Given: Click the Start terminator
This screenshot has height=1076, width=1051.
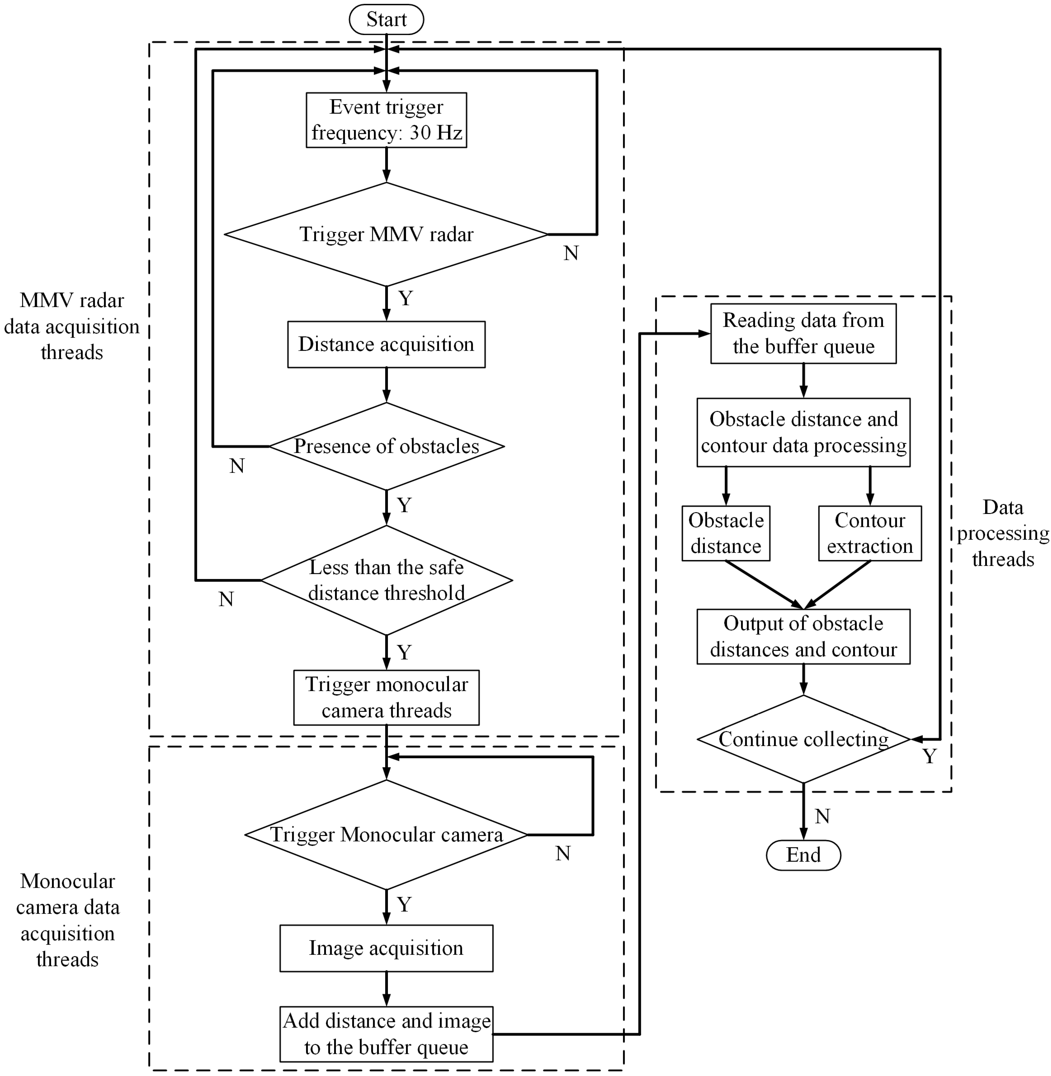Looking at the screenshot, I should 386,20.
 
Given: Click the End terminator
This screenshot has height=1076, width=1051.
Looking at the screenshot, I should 803,855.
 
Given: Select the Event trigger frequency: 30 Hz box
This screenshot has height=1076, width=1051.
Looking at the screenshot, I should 386,120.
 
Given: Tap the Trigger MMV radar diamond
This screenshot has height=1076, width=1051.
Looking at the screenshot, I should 386,234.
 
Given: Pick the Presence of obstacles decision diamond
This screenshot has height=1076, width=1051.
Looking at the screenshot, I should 386,446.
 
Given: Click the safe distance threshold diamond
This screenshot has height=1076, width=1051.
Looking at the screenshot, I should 386,580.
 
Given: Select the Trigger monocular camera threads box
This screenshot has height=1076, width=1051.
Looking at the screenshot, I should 386,697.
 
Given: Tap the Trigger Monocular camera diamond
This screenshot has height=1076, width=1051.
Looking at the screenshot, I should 386,835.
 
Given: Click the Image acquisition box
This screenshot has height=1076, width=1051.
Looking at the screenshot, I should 386,948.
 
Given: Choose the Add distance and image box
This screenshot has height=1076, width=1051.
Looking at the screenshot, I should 386,1034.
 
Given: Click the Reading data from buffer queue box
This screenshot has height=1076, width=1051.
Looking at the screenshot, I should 803,334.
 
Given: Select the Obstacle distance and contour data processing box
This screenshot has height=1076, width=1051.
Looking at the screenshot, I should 803,432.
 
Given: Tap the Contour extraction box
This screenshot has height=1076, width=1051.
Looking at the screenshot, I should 870,533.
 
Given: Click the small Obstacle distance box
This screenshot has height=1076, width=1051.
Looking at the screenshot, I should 726,533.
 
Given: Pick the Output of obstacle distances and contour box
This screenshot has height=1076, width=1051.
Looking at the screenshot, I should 803,637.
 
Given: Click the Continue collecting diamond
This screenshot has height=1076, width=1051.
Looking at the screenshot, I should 803,739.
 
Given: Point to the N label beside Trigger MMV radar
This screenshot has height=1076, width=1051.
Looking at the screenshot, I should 571,254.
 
